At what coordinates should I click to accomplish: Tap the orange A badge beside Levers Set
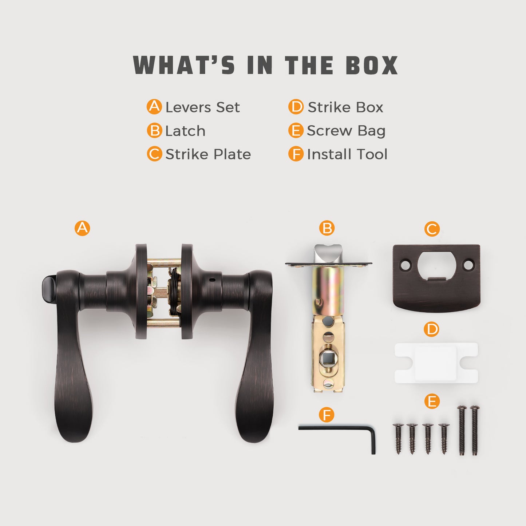pyautogui.click(x=154, y=107)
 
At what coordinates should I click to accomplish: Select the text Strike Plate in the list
pyautogui.click(x=208, y=154)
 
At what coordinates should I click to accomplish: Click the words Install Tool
pyautogui.click(x=347, y=154)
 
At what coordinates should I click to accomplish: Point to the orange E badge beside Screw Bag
pyautogui.click(x=296, y=130)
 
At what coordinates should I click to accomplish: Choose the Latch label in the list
pyautogui.click(x=185, y=131)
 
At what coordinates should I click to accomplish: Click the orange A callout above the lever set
pyautogui.click(x=82, y=228)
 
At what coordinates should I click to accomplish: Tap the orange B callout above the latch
pyautogui.click(x=327, y=228)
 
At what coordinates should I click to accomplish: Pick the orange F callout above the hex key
pyautogui.click(x=327, y=415)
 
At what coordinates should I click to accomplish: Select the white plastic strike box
pyautogui.click(x=436, y=363)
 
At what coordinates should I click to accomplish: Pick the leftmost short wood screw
pyautogui.click(x=398, y=439)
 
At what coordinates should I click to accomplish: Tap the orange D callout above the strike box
pyautogui.click(x=432, y=329)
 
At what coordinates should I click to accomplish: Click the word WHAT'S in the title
pyautogui.click(x=184, y=65)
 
